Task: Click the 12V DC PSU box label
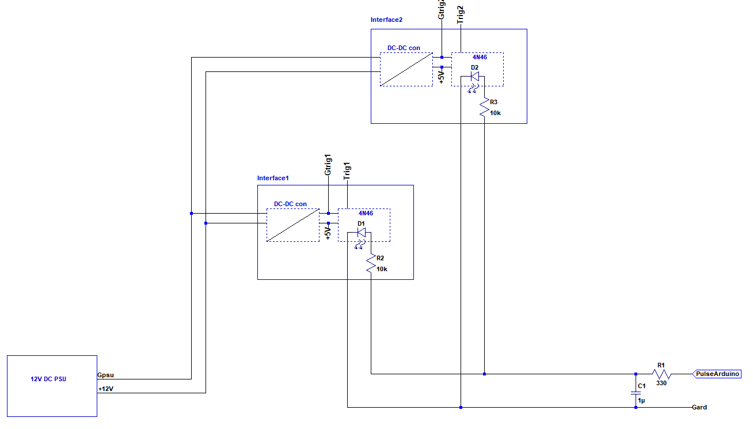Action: (x=49, y=379)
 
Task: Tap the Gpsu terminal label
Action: (x=106, y=375)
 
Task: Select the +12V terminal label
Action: (x=106, y=389)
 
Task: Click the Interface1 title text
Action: (x=273, y=178)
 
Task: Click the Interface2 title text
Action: (x=386, y=20)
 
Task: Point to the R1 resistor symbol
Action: (x=662, y=374)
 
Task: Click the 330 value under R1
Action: (x=661, y=383)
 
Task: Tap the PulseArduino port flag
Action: (x=717, y=374)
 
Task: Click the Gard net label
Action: (x=699, y=407)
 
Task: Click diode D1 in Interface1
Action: (x=362, y=233)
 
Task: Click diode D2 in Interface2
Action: (x=475, y=77)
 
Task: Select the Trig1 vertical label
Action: (x=347, y=172)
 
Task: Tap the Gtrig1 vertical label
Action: (x=328, y=165)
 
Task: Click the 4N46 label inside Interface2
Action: (x=479, y=58)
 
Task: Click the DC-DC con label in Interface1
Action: (x=290, y=204)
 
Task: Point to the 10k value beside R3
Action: (x=495, y=113)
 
